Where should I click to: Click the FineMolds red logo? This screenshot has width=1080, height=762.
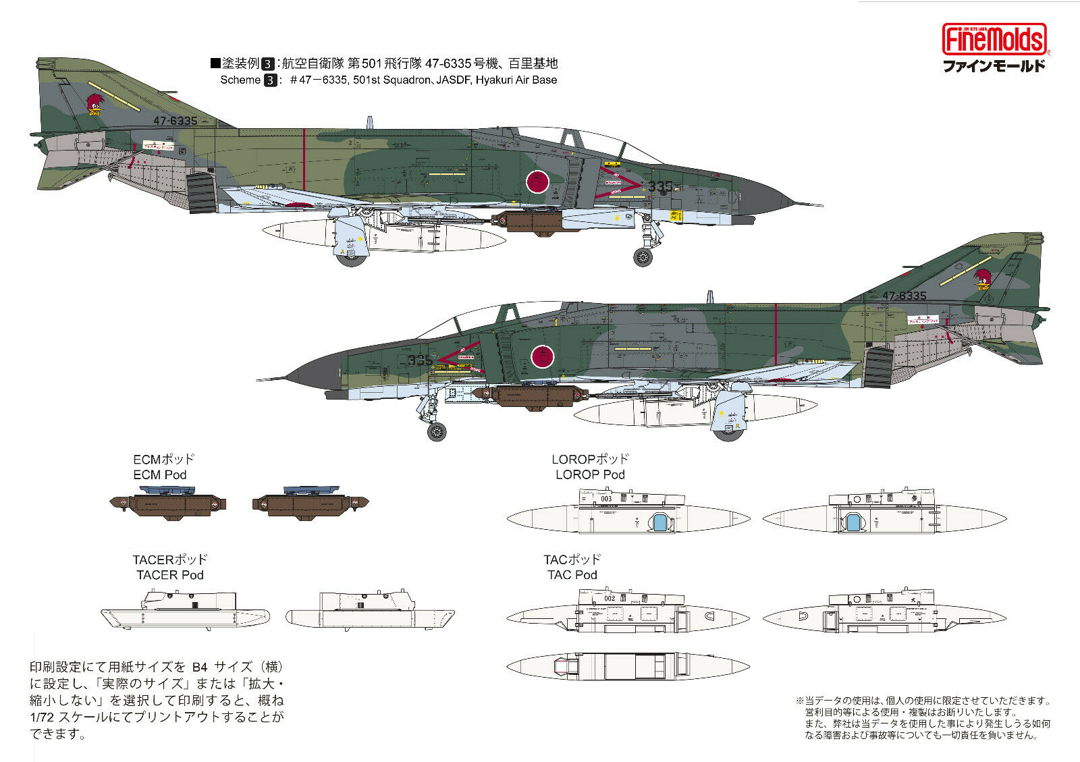[994, 38]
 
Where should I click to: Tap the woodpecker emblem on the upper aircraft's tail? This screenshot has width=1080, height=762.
[94, 105]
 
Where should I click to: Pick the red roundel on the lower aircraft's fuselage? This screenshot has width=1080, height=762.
[542, 355]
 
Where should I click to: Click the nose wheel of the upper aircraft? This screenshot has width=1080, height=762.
[643, 256]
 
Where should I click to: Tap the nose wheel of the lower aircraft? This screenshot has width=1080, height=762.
[437, 431]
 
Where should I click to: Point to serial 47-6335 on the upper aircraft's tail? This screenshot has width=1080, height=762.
[175, 121]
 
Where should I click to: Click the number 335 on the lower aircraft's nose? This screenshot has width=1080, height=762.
[419, 360]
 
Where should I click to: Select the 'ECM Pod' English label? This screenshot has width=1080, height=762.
[160, 475]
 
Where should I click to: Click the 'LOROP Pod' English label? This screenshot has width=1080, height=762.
[590, 475]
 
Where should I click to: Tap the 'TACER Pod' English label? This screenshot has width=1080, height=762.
[169, 575]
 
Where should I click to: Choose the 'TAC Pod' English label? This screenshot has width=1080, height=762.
[572, 575]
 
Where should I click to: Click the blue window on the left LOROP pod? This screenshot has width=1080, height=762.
[659, 522]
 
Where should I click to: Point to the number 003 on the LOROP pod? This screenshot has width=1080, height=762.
[605, 499]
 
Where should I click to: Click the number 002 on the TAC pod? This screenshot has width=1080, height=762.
[609, 598]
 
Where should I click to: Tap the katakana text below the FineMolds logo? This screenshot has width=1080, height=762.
[994, 66]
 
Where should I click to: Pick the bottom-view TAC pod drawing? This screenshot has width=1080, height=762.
[628, 666]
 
